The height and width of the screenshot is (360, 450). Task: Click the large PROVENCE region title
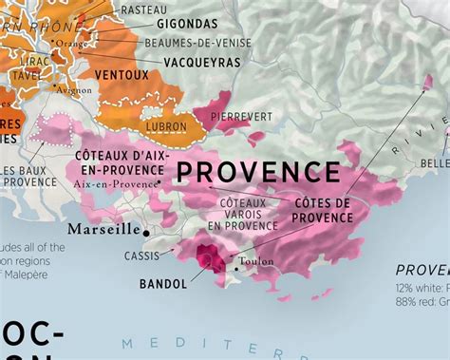[x=257, y=172]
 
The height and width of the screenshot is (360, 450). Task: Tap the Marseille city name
[x=103, y=230]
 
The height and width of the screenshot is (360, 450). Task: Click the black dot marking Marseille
[x=146, y=231]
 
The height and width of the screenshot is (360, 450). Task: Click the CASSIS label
[x=141, y=256]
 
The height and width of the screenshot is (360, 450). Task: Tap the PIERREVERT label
[x=241, y=116]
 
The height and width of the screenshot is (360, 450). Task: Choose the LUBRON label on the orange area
[x=166, y=125]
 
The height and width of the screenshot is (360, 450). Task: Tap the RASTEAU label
[x=142, y=9]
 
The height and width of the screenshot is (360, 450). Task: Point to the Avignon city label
[x=74, y=90]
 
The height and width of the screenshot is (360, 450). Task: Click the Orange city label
[x=70, y=43]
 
